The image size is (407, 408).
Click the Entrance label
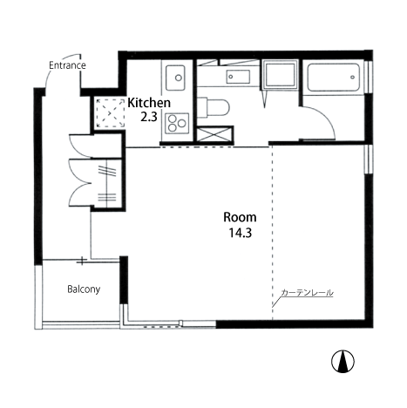[67, 65]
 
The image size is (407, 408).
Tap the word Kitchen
[149, 103]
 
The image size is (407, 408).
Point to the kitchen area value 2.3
[149, 117]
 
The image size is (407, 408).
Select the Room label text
[240, 217]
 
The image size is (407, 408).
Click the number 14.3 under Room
[240, 233]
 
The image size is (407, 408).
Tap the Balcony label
[84, 289]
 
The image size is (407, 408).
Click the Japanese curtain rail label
[307, 293]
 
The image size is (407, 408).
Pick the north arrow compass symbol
[343, 362]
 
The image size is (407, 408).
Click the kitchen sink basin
[175, 78]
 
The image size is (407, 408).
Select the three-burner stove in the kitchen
[177, 123]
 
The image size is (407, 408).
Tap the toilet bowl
[214, 107]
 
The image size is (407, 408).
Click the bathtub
[333, 78]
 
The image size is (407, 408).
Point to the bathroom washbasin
[238, 77]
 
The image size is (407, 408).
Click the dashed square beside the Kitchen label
[110, 112]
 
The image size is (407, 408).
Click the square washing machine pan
[281, 74]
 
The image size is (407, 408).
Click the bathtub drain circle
[352, 77]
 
